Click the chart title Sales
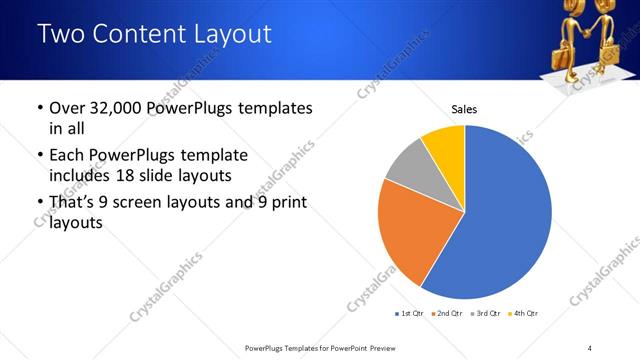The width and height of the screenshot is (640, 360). tap(464, 108)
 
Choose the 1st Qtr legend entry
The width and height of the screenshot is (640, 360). tap(410, 314)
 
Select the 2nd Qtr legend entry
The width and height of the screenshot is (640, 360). tap(448, 314)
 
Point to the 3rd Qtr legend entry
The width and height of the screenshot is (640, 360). tap(486, 314)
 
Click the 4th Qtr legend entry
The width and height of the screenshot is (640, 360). tap(524, 314)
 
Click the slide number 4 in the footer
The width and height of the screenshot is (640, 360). tap(590, 348)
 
